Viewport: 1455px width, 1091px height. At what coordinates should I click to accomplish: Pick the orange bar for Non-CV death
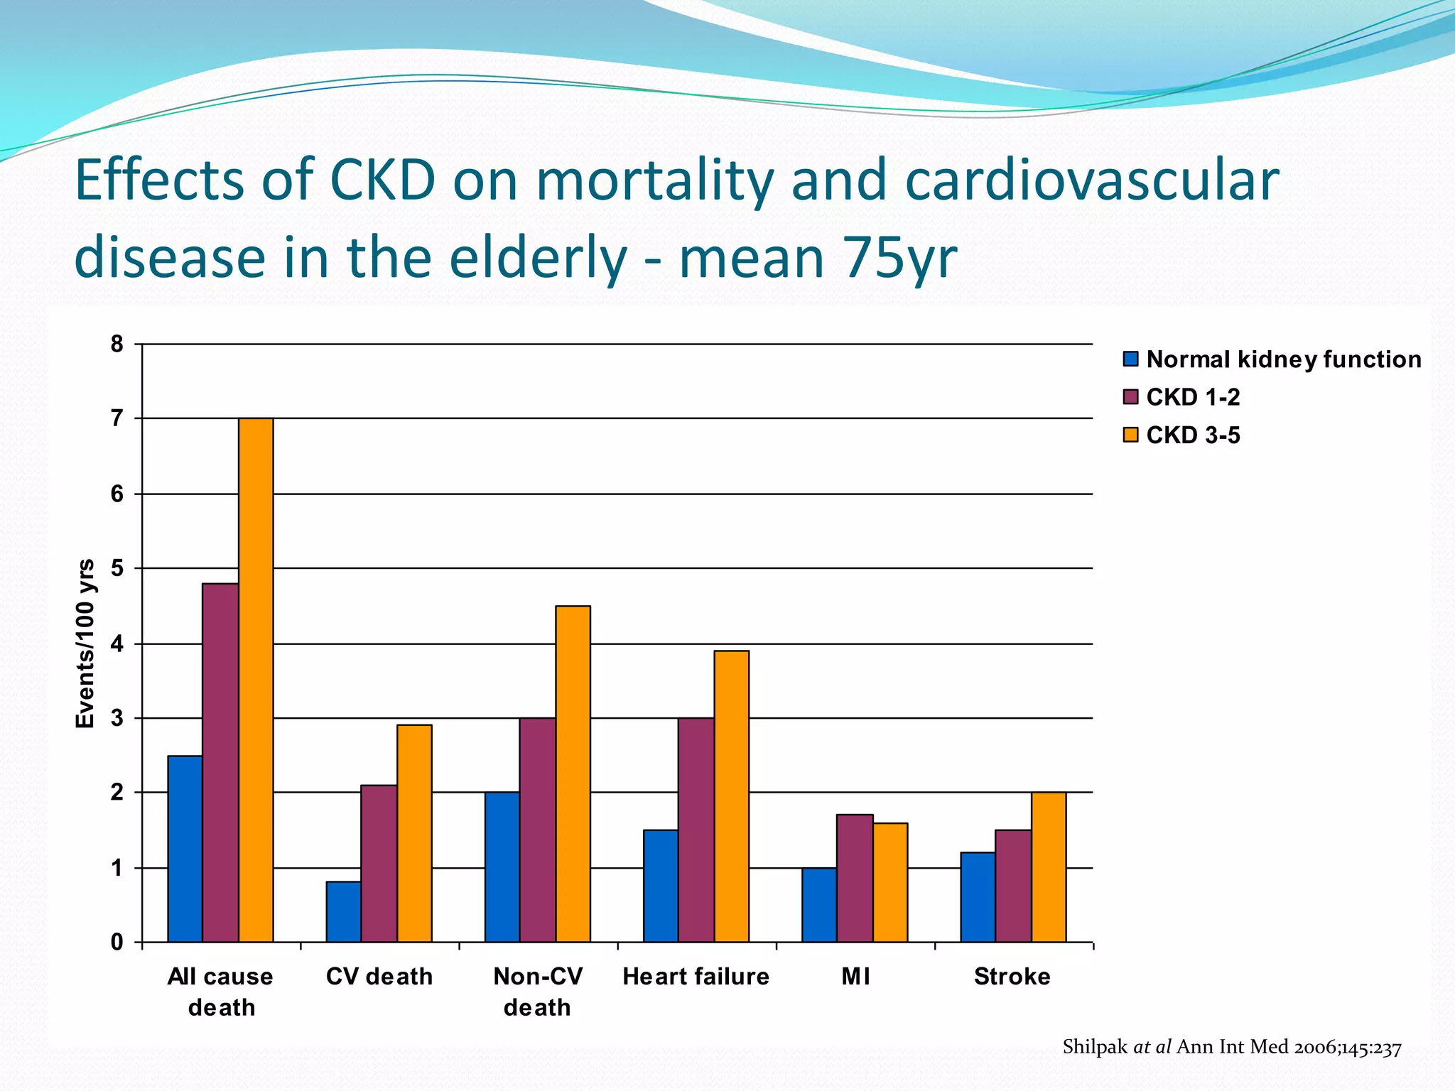(x=573, y=774)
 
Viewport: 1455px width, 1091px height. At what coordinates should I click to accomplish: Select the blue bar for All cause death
(x=185, y=849)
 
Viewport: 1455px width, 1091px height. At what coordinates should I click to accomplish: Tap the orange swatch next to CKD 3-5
(x=1130, y=435)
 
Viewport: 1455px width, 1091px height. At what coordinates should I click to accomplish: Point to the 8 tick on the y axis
(x=117, y=344)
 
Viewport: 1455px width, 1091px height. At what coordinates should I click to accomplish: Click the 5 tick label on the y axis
(x=117, y=568)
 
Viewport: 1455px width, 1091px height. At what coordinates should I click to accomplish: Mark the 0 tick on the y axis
(x=117, y=943)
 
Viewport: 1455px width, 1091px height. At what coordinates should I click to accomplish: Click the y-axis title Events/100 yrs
(x=85, y=644)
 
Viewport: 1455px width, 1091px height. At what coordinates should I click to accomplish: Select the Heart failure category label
(x=696, y=977)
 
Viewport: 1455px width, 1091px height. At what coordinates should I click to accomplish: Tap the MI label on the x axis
(x=855, y=977)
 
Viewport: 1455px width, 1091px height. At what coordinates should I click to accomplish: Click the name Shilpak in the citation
(x=1095, y=1047)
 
